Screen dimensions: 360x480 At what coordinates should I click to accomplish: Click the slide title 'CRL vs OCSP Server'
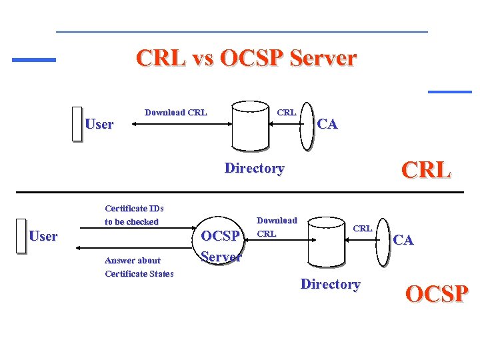pyautogui.click(x=246, y=58)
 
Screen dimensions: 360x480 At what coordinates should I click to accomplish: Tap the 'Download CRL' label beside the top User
pyautogui.click(x=175, y=112)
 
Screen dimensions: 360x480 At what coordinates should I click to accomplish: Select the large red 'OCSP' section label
pyautogui.click(x=437, y=293)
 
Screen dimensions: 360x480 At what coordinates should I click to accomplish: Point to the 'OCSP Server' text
pyautogui.click(x=221, y=246)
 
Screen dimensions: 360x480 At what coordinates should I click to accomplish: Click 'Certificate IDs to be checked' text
pyautogui.click(x=133, y=215)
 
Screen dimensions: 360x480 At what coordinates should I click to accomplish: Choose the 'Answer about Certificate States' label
pyautogui.click(x=139, y=267)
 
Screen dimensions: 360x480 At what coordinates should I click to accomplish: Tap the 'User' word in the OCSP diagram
pyautogui.click(x=43, y=236)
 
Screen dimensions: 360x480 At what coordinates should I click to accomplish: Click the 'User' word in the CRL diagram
pyautogui.click(x=99, y=124)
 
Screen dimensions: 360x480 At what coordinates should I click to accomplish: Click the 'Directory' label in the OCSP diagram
pyautogui.click(x=330, y=284)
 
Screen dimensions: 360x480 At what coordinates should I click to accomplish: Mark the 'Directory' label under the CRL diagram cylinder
pyautogui.click(x=254, y=168)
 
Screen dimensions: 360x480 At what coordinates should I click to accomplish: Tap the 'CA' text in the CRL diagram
pyautogui.click(x=327, y=124)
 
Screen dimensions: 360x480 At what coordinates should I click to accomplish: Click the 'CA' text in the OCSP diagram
pyautogui.click(x=403, y=240)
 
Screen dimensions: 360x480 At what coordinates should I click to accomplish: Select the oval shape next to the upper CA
pyautogui.click(x=306, y=125)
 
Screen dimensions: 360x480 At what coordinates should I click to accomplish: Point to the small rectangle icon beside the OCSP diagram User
pyautogui.click(x=21, y=235)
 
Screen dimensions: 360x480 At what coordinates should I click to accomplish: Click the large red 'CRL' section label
pyautogui.click(x=426, y=170)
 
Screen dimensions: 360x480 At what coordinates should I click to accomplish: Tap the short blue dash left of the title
pyautogui.click(x=34, y=60)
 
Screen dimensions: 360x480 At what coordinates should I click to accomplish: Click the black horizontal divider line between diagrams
pyautogui.click(x=239, y=192)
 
